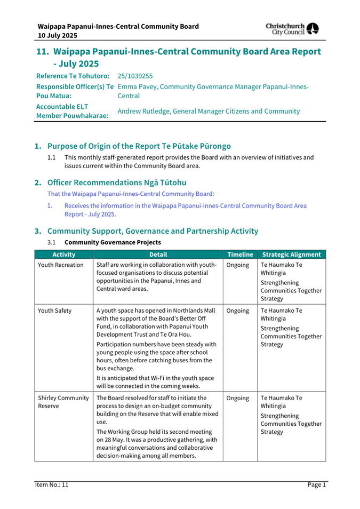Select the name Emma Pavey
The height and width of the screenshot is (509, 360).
(x=136, y=86)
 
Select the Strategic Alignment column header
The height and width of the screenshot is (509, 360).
(x=292, y=254)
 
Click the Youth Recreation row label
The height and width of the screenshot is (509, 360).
(x=61, y=265)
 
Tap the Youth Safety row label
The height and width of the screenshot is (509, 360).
(x=55, y=310)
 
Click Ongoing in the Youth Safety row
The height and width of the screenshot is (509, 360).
(x=238, y=310)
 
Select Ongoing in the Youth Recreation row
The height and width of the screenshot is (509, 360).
(x=238, y=265)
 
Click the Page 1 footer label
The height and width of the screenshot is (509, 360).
(x=316, y=484)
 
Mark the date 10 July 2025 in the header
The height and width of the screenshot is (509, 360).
(x=57, y=35)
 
